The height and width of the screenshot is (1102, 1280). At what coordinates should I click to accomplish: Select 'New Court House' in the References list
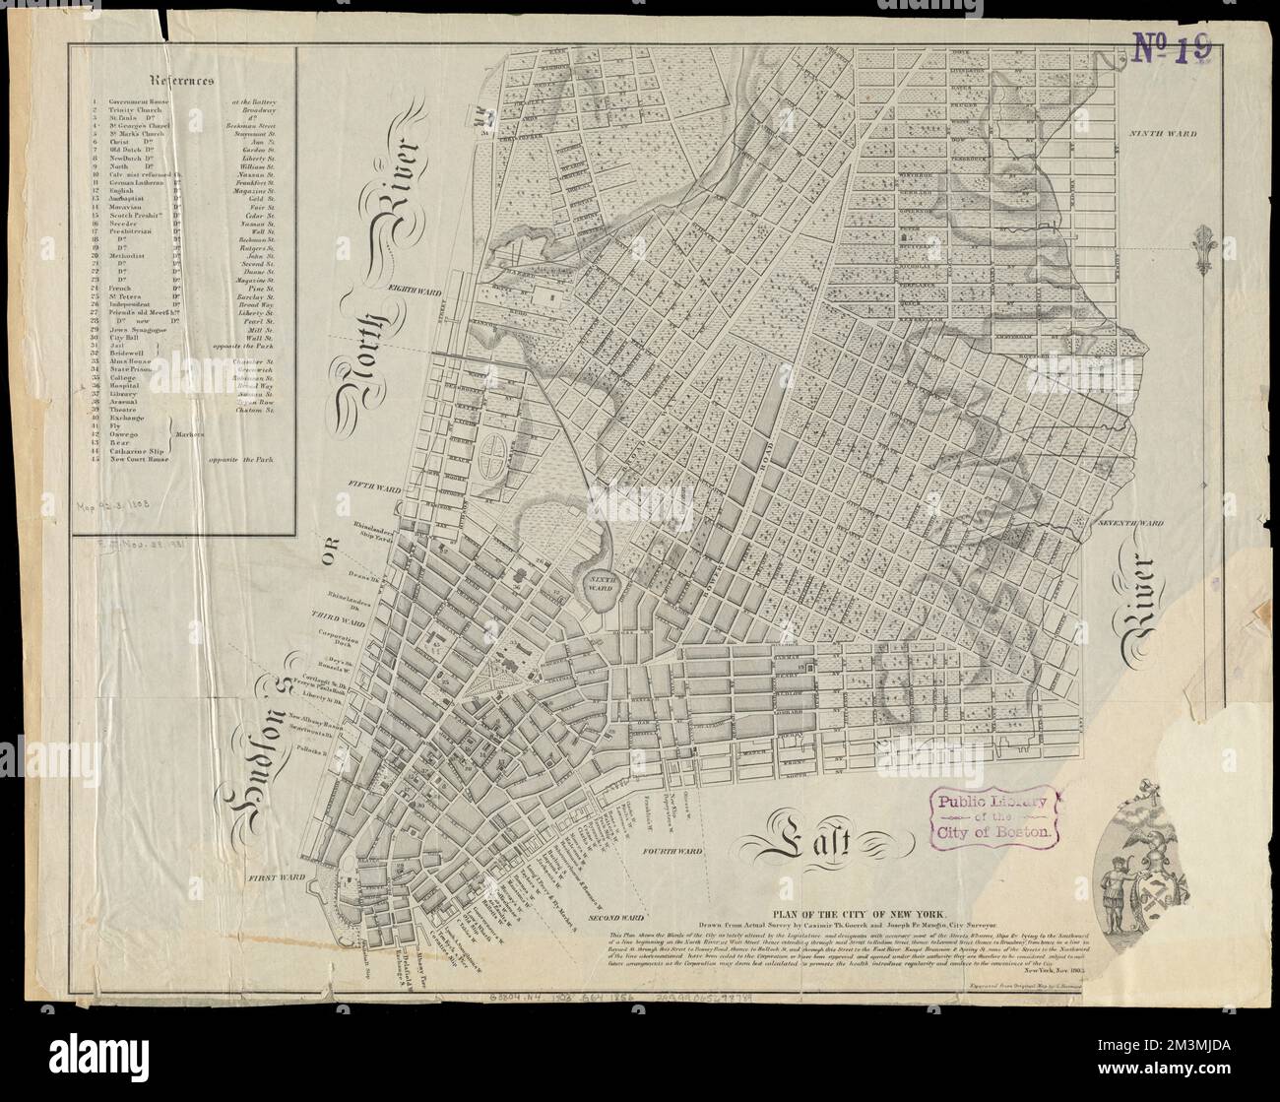click(144, 460)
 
